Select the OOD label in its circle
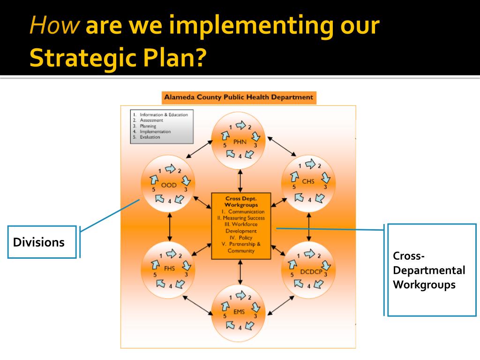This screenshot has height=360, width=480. (x=169, y=185)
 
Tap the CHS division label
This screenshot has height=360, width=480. (x=308, y=182)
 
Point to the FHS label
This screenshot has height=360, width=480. (x=169, y=269)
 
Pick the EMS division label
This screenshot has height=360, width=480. (x=239, y=311)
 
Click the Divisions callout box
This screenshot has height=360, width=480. (x=42, y=242)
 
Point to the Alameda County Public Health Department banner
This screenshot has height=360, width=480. (x=238, y=97)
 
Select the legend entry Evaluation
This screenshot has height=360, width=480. (x=150, y=137)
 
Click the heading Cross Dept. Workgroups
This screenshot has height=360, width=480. (x=241, y=202)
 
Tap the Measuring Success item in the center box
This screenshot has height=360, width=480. (x=241, y=218)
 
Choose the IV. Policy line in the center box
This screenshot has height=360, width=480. (x=241, y=238)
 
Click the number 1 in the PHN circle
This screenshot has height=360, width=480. (x=230, y=127)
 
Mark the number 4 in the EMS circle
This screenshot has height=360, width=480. (x=240, y=328)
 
